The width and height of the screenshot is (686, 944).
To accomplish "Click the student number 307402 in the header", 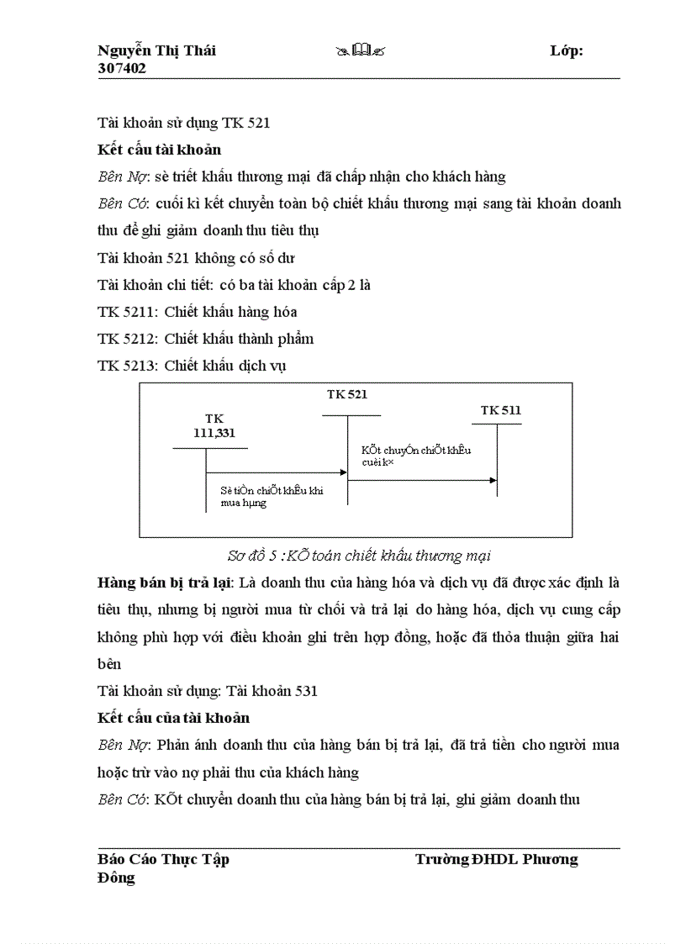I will click(x=122, y=69).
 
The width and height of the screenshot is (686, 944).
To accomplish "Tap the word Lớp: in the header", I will click(x=567, y=50).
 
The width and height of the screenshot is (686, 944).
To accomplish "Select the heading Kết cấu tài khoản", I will click(x=159, y=150).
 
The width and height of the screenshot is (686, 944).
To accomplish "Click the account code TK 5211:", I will click(x=127, y=312).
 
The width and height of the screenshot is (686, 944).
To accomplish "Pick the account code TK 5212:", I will click(x=127, y=339).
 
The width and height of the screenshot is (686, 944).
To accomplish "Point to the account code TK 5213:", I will click(x=127, y=366).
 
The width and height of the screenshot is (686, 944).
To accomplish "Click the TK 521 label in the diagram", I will click(x=347, y=394).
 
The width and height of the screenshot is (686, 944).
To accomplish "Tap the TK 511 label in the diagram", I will click(x=501, y=410).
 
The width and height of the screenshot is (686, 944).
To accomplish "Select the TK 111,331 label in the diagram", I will click(x=214, y=425).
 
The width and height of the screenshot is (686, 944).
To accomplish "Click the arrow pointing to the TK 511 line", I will click(x=491, y=480).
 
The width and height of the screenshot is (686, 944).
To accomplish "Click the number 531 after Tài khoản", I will click(x=305, y=691).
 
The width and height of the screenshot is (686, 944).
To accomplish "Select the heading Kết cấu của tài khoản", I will click(x=173, y=718).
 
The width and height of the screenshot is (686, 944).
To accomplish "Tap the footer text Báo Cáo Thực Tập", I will click(x=163, y=859).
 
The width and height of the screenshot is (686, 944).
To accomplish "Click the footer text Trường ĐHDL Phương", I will click(x=496, y=859).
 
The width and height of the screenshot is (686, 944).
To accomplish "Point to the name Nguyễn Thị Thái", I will click(x=156, y=50).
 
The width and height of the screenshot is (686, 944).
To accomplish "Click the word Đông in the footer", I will click(x=116, y=878).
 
